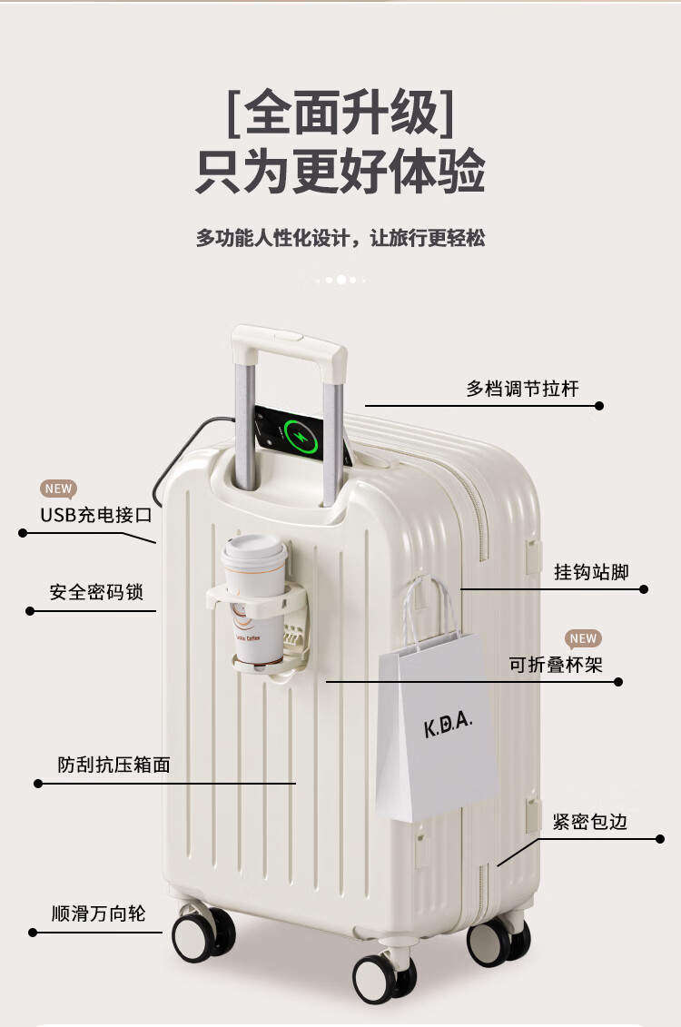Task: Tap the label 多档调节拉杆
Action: (x=522, y=389)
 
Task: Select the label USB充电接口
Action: (x=95, y=515)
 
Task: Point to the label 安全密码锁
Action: (x=96, y=592)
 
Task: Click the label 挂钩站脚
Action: (x=591, y=571)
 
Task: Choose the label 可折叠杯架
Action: (x=556, y=665)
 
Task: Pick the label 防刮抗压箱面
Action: (x=114, y=765)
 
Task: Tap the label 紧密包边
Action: (x=590, y=822)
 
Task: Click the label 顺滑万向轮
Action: (x=99, y=913)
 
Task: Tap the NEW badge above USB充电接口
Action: (x=58, y=489)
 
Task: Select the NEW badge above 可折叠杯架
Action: (x=583, y=638)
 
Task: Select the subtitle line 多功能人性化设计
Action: (x=340, y=238)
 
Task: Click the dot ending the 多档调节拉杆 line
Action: (x=599, y=406)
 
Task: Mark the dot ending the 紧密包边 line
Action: (x=660, y=839)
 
